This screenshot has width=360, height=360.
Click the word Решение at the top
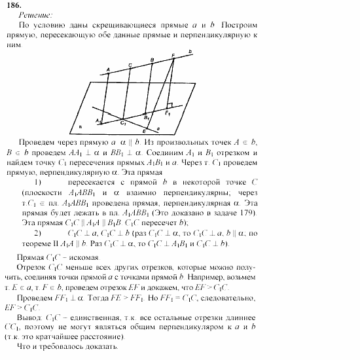click(x=24, y=14)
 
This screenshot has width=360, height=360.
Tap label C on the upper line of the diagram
click(x=130, y=64)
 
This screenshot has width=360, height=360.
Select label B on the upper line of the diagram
click(x=152, y=60)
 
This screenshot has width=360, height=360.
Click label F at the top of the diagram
click(x=173, y=55)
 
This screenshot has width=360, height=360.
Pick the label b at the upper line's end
click(x=190, y=51)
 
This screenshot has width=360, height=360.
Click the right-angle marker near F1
click(x=169, y=106)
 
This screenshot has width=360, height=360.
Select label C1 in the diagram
click(x=123, y=122)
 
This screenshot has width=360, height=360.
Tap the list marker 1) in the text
click(x=38, y=181)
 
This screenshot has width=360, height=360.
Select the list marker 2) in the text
click(x=38, y=232)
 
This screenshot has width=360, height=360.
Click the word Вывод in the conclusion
click(x=30, y=315)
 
